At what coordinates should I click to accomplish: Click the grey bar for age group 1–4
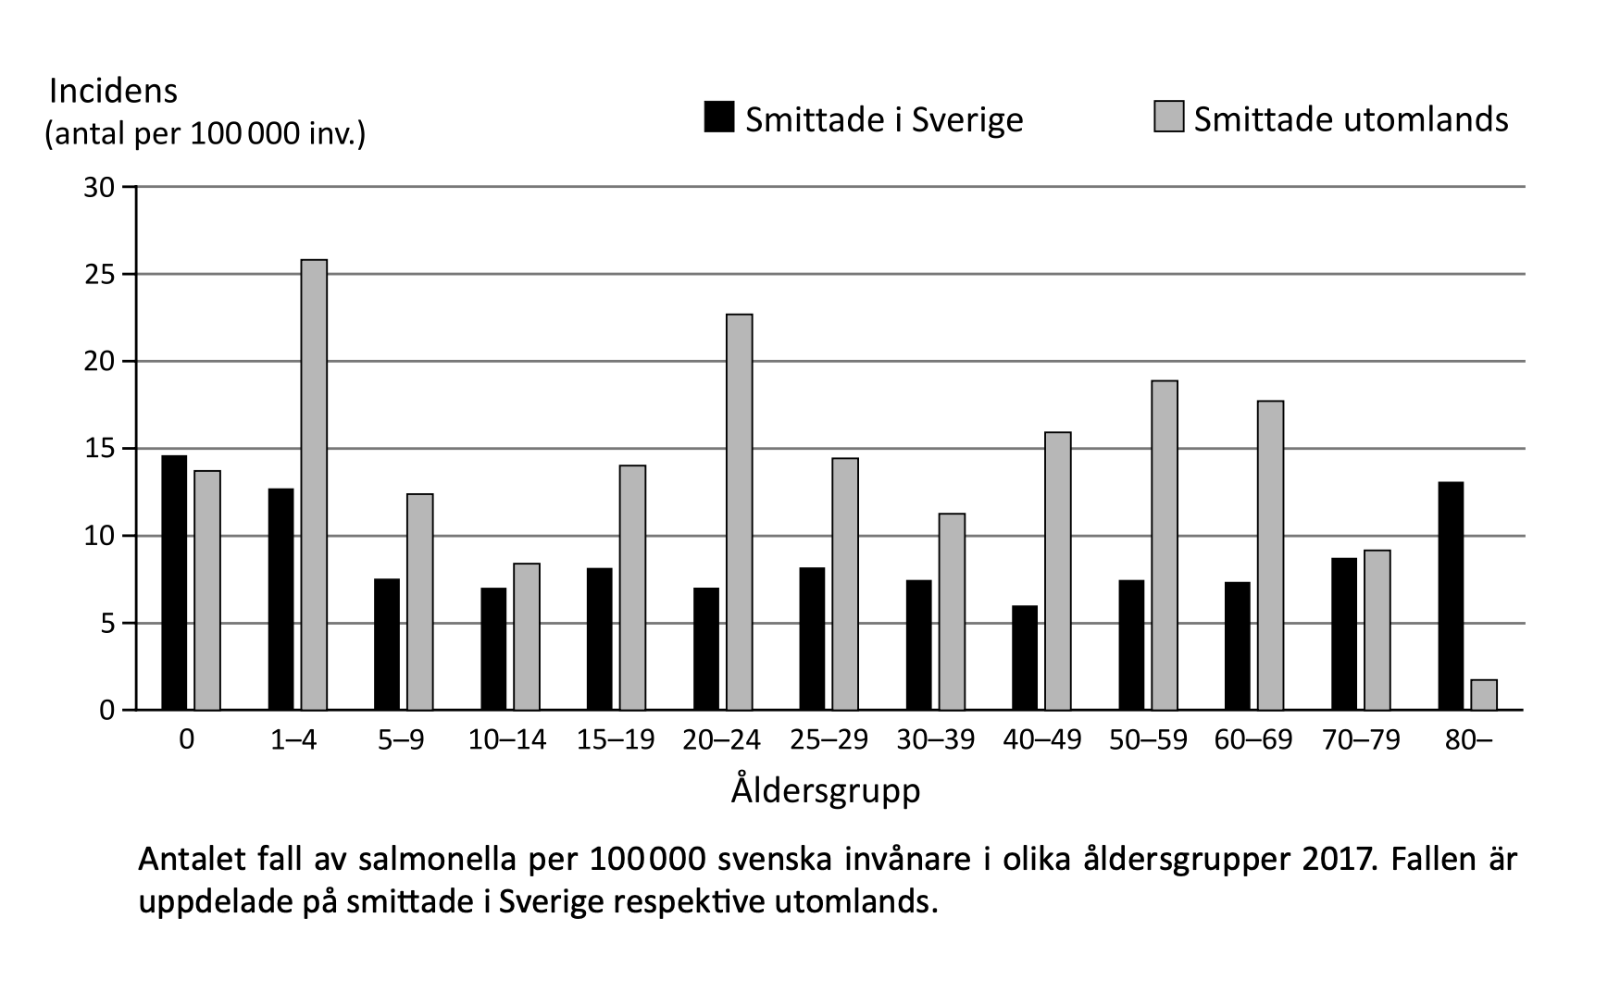(314, 485)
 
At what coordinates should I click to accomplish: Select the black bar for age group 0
(174, 583)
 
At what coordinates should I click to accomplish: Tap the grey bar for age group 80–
(1484, 695)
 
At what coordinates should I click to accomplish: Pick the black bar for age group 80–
(1452, 596)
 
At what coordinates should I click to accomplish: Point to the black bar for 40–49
(1025, 658)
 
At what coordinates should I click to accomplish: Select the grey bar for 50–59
(1165, 545)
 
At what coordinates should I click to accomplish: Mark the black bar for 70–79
(1344, 634)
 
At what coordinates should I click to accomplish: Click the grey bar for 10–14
(527, 637)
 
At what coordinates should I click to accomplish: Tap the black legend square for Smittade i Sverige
(719, 118)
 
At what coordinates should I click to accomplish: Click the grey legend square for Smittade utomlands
(1168, 118)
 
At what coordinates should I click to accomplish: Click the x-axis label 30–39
(935, 740)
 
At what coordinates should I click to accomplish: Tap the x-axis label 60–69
(1254, 740)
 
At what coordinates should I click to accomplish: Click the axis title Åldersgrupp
(826, 790)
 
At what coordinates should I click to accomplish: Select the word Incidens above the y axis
(113, 91)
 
